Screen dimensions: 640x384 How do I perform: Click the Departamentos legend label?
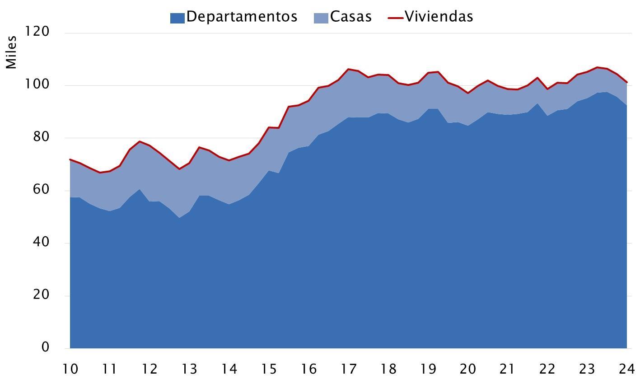(x=242, y=17)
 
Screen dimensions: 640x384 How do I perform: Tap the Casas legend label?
(x=351, y=17)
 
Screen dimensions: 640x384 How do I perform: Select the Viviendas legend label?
(x=439, y=17)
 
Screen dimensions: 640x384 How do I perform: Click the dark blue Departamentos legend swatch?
(x=177, y=18)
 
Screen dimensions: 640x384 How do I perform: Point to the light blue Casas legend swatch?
(x=321, y=18)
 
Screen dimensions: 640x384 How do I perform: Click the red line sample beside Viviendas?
(x=396, y=18)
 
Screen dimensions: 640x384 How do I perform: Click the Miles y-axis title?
(x=11, y=52)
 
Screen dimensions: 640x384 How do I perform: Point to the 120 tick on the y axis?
(x=37, y=31)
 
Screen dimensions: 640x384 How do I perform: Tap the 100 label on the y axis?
(x=37, y=84)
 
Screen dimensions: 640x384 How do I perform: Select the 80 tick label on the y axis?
(x=41, y=136)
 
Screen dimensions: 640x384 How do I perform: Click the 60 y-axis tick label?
(x=41, y=189)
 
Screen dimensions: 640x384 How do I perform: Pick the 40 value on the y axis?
(x=41, y=242)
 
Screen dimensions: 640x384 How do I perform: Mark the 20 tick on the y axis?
(x=41, y=294)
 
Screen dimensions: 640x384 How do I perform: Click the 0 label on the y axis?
(x=46, y=347)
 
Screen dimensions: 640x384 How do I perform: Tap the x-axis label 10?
(x=70, y=369)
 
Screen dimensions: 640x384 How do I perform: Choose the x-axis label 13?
(x=189, y=369)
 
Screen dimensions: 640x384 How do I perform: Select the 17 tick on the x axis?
(x=348, y=369)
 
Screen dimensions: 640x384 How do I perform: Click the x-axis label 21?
(x=507, y=369)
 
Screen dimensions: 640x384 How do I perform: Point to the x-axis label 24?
(x=627, y=369)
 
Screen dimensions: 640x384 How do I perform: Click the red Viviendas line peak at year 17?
(x=348, y=69)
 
